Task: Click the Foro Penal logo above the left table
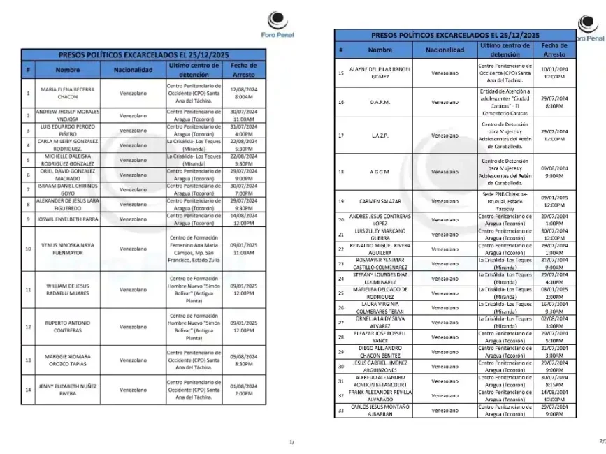pos(277,26)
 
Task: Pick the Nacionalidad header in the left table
pos(133,70)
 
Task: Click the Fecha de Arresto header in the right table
pos(554,50)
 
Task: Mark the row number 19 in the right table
pos(341,200)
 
